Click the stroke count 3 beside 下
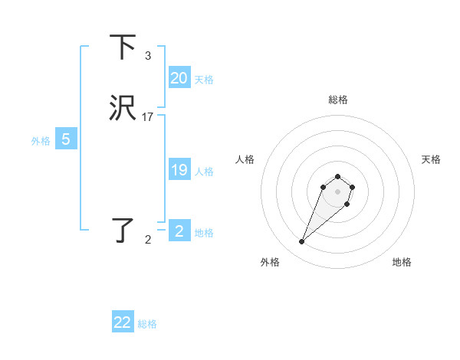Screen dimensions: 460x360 (x=148, y=56)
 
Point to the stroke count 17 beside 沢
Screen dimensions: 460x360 (x=148, y=117)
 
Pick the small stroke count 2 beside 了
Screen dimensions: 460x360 (x=148, y=240)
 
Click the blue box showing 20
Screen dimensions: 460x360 (x=179, y=78)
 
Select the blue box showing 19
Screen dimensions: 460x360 (x=179, y=170)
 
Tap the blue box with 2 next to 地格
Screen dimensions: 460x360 (x=179, y=231)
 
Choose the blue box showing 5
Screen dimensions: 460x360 (x=66, y=139)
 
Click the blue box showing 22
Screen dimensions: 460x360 (x=123, y=322)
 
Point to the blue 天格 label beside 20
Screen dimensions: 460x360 (x=204, y=79)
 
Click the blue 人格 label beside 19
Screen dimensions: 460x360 (x=204, y=171)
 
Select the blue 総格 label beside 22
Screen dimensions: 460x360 (x=147, y=324)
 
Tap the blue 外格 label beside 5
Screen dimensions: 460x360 (x=41, y=141)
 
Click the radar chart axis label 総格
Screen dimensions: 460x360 (x=338, y=100)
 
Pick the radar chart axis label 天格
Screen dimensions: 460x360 (x=431, y=159)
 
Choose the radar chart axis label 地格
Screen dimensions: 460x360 (x=402, y=262)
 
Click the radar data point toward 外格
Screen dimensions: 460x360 (x=302, y=242)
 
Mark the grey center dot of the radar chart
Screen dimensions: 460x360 (x=338, y=191)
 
